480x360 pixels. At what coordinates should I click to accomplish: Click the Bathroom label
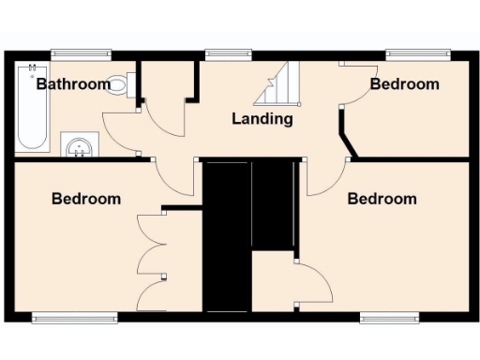coord(73,84)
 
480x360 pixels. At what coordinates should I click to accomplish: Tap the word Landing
coord(262,119)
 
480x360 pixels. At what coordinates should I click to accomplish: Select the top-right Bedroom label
coord(404,84)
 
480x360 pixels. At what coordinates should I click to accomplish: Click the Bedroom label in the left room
coord(86,199)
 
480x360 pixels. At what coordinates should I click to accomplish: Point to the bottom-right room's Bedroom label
coord(382,199)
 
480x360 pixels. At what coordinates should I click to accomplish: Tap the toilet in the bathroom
coord(119,84)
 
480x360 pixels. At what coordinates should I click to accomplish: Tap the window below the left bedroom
coord(75,317)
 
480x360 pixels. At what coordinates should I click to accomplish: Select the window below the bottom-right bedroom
coord(389,317)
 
